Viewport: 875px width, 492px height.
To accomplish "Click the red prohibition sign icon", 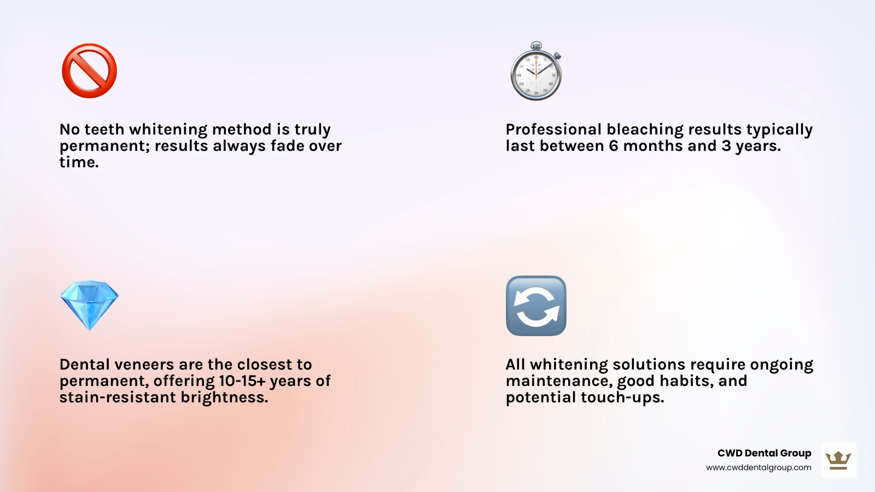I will tap(89, 71).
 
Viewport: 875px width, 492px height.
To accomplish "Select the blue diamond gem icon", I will tap(89, 305).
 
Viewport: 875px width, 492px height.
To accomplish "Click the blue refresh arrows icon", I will tap(536, 306).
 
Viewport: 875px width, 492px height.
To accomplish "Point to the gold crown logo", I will tap(838, 460).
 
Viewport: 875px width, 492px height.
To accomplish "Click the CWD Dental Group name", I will tap(764, 453).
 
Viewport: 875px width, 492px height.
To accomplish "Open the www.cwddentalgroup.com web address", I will tap(759, 467).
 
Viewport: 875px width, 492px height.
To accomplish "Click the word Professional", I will tap(553, 130).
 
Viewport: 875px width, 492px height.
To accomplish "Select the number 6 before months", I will tap(614, 146).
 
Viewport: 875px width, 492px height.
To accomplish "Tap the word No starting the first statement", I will tap(69, 130).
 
